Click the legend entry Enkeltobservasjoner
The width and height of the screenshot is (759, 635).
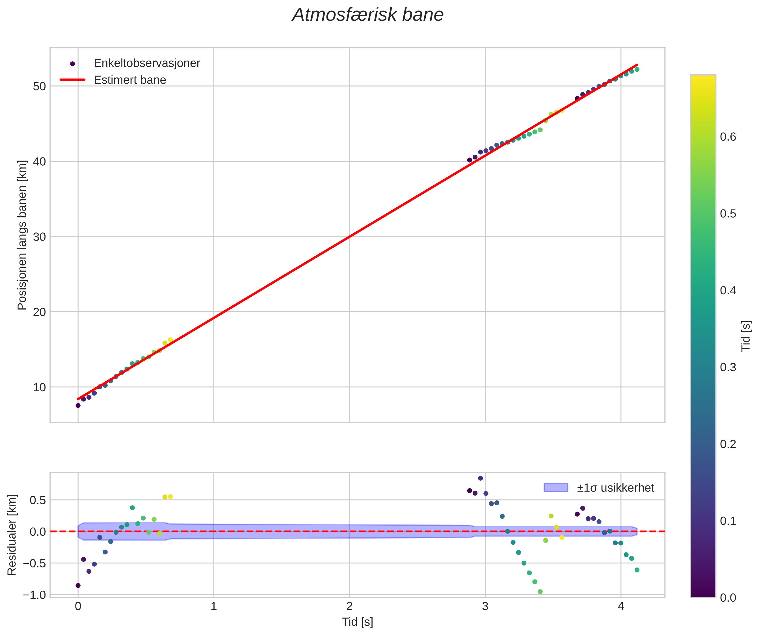coord(146,63)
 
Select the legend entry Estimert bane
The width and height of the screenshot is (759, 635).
coord(130,80)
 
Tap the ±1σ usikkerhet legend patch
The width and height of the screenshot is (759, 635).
coord(556,487)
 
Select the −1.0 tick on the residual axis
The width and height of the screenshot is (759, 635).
coord(34,595)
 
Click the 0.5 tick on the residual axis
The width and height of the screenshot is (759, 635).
coord(38,500)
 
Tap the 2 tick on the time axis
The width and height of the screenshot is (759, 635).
coord(349,606)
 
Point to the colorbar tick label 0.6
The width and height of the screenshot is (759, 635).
coord(728,137)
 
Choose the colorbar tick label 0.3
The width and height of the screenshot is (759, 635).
coord(728,367)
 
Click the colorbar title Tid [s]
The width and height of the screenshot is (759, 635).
coord(746,336)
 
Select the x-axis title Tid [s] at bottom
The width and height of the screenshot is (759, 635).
coord(358,622)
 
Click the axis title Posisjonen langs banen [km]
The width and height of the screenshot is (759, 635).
coord(22,235)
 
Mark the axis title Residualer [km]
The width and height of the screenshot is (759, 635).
coord(12,535)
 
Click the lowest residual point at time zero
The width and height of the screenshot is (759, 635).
coord(78,586)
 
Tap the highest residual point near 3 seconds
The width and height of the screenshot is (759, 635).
coord(480,478)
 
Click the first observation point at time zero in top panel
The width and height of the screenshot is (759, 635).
coord(78,405)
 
